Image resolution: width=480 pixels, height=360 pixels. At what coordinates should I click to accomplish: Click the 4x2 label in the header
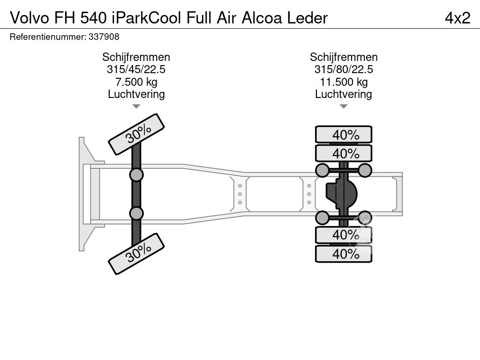point(457,18)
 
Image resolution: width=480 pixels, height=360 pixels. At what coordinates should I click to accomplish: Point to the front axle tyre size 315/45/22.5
point(136,69)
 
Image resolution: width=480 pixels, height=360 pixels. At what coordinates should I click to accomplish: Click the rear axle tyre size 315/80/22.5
point(344,69)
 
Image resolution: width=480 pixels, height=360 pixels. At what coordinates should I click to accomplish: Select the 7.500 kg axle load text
point(136,82)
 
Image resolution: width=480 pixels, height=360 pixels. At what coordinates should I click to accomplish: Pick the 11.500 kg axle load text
point(344,82)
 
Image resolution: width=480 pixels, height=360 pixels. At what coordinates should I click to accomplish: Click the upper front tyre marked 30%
point(136,134)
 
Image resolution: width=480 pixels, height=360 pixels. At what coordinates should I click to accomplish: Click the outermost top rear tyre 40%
point(344,135)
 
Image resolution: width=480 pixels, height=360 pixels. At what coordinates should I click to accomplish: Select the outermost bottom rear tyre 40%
point(344,254)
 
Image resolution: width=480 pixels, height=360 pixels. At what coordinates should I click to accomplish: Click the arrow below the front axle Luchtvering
point(136,106)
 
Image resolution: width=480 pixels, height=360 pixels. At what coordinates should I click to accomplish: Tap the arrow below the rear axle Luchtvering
point(344,106)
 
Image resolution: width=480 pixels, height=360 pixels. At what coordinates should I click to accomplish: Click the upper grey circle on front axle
point(136,175)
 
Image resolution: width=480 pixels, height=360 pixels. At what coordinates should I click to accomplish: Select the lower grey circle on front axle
point(136,213)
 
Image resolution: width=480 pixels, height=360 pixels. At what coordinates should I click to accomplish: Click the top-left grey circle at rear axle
point(322,170)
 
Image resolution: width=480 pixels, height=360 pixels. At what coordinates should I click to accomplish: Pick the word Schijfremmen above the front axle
point(136,57)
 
